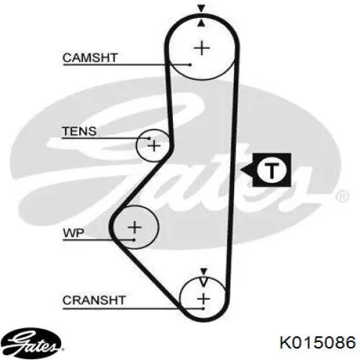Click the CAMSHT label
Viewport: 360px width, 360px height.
click(x=90, y=58)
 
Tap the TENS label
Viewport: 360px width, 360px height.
click(x=79, y=131)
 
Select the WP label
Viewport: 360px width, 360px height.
click(x=73, y=233)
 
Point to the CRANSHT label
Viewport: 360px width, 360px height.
click(x=94, y=300)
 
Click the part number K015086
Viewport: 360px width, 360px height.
click(x=318, y=342)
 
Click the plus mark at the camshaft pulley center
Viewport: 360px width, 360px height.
click(x=202, y=48)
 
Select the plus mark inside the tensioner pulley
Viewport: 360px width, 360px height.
click(x=154, y=145)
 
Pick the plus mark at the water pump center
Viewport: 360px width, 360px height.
click(x=135, y=227)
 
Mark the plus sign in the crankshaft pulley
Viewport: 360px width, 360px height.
click(x=204, y=299)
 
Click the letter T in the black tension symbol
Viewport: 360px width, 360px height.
click(x=271, y=170)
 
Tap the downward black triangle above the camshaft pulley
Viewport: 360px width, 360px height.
click(x=202, y=9)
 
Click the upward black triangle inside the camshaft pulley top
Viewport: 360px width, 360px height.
click(x=202, y=23)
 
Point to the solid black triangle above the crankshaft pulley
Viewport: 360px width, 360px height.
click(x=204, y=271)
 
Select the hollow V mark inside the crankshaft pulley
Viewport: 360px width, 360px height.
click(x=204, y=282)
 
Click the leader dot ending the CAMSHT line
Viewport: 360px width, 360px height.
click(x=190, y=65)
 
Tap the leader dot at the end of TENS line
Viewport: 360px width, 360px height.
click(x=149, y=138)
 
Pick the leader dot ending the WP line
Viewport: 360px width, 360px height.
click(x=134, y=240)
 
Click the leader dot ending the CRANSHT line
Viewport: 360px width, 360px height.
click(x=203, y=308)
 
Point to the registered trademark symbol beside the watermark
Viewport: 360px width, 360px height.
click(x=341, y=197)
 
